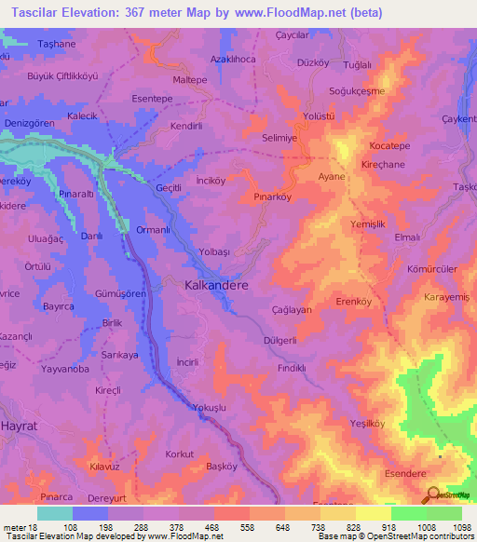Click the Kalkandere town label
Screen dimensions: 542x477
tap(216, 288)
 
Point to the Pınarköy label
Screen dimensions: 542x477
tap(273, 197)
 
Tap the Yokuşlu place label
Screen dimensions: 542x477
tap(210, 408)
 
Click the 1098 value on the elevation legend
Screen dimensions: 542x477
tap(450, 529)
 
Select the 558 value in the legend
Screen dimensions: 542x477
tap(235, 529)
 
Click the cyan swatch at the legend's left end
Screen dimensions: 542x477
tap(55, 513)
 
